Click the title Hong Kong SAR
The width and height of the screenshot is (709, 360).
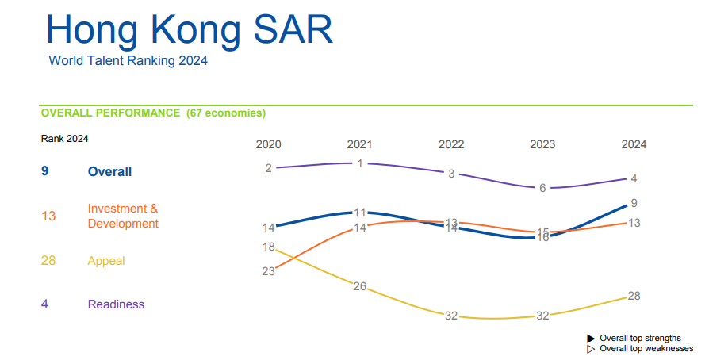coord(189,29)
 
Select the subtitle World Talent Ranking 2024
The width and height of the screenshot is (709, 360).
coord(128,61)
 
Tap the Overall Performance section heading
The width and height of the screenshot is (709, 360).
coord(153,113)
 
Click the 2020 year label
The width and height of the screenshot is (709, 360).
coord(269,145)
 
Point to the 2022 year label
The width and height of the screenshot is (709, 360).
coord(451,145)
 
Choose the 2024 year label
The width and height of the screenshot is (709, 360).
coord(634,145)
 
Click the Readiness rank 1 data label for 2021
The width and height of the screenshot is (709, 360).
coord(360,163)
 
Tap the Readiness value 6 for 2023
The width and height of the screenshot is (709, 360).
coord(542,188)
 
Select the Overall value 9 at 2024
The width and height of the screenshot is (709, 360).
coord(634,203)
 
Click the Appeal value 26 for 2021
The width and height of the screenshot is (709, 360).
coord(360,286)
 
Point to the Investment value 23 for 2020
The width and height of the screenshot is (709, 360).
coord(269,271)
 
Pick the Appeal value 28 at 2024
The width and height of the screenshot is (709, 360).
coord(634,296)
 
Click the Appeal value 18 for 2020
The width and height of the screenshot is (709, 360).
coord(269,247)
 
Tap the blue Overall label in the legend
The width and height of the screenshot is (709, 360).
coord(109,172)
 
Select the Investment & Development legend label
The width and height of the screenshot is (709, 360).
coord(123,216)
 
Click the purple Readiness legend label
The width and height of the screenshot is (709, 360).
coord(116,304)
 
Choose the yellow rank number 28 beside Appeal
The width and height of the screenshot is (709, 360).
coord(48,261)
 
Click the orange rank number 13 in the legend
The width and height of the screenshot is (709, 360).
coord(48,216)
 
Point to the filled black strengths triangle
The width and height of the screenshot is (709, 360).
coord(591,339)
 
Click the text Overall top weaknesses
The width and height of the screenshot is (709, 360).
coord(646,348)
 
